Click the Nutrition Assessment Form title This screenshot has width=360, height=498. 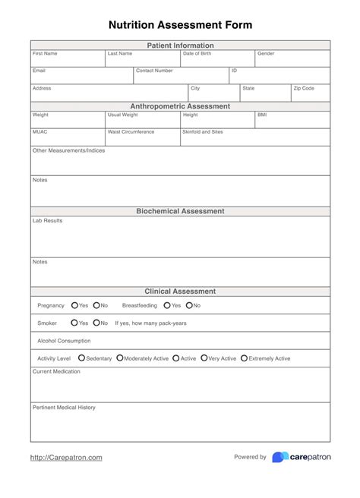tap(180, 25)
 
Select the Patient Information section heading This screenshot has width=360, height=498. tap(180, 46)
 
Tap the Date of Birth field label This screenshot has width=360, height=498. tap(197, 54)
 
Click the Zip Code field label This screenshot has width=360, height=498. tap(304, 88)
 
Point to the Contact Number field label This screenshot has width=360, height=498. tap(154, 71)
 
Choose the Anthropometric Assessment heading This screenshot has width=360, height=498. tap(180, 106)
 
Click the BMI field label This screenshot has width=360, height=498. tap(262, 115)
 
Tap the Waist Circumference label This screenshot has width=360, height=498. tap(131, 131)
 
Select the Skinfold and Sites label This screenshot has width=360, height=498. tap(203, 131)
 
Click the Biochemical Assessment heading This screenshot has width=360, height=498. tap(180, 211)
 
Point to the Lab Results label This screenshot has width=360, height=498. tap(47, 220)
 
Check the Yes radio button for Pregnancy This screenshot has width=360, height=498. tap(74, 305)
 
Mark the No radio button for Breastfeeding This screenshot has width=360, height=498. tap(188, 305)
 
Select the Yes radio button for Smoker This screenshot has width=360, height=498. tap(74, 323)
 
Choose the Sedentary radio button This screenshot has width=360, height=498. tap(82, 358)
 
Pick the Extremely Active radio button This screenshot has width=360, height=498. tap(244, 358)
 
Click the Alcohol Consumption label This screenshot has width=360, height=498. tap(64, 341)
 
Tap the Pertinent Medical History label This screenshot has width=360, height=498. tap(64, 408)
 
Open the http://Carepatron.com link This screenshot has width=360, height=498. tap(66, 457)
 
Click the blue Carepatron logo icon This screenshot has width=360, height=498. tap(279, 457)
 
